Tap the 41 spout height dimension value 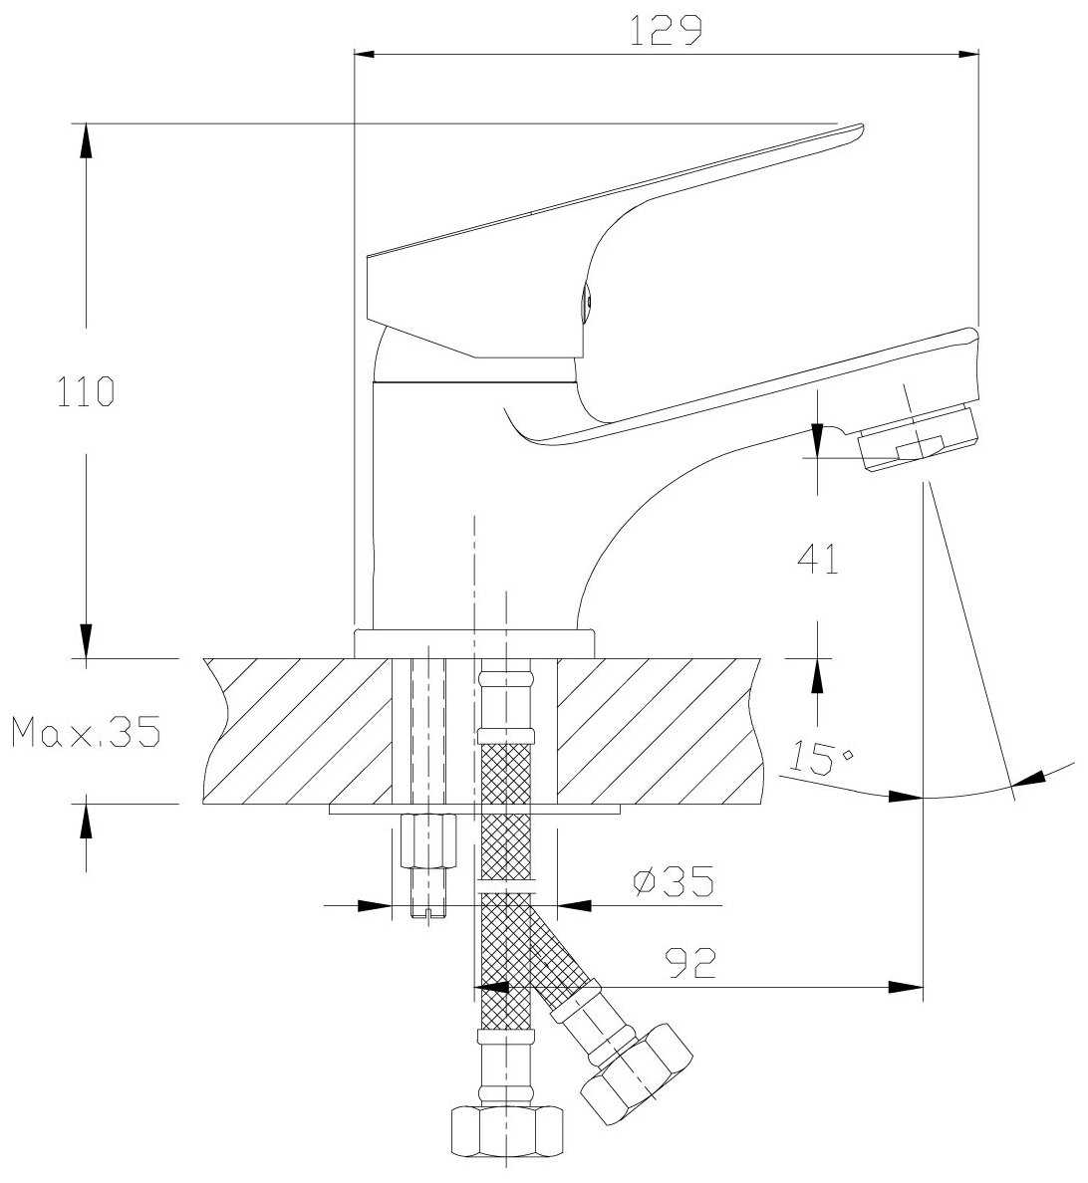click(817, 560)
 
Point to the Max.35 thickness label click(86, 733)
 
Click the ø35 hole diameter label click(675, 880)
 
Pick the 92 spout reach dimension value click(689, 962)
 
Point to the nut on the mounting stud click(427, 841)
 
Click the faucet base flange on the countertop click(474, 643)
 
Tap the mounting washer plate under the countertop click(474, 810)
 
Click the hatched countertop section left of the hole click(299, 731)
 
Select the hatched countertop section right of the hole click(658, 731)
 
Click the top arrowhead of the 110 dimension click(87, 139)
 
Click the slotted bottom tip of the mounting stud click(428, 910)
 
